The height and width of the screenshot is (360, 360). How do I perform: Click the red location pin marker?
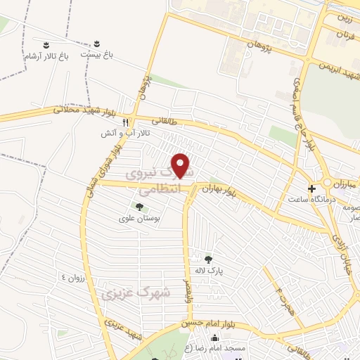181,167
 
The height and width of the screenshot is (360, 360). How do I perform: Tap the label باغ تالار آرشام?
46,55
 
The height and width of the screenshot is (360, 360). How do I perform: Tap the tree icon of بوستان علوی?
139,207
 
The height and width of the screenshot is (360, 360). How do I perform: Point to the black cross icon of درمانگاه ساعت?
311,188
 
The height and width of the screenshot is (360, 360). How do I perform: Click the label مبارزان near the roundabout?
343,182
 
